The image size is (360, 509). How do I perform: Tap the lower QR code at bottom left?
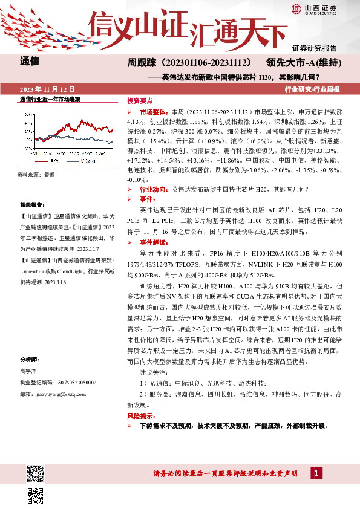pyautogui.click(x=36, y=495)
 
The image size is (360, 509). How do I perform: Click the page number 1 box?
pyautogui.click(x=316, y=472)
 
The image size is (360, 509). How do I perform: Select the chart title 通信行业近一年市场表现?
pyautogui.click(x=51, y=99)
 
